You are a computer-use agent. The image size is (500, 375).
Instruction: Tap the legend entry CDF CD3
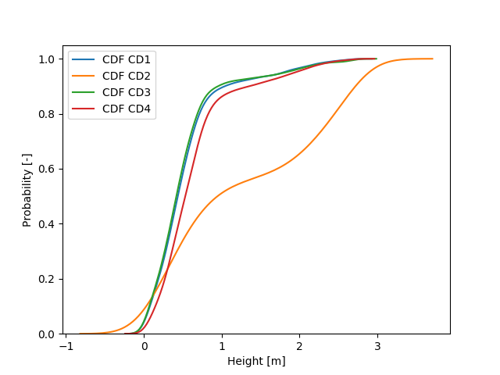click(x=127, y=91)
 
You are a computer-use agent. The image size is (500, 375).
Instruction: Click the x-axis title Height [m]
click(x=256, y=361)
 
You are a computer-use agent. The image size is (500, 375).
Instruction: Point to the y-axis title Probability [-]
click(x=27, y=190)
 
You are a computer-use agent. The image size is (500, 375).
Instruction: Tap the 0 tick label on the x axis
click(x=144, y=347)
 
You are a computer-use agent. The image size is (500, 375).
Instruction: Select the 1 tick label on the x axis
click(x=222, y=347)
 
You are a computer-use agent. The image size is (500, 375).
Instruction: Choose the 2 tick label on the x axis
click(x=299, y=347)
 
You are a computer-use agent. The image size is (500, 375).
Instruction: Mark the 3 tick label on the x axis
click(x=377, y=347)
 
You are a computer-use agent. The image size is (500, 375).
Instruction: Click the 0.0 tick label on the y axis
click(x=48, y=334)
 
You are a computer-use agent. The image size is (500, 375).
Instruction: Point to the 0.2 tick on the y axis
click(x=48, y=280)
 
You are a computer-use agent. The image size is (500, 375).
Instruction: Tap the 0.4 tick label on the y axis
click(x=48, y=224)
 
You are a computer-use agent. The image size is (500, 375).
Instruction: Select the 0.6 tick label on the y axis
click(x=48, y=170)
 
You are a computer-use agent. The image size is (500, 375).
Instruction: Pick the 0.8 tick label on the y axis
click(x=48, y=114)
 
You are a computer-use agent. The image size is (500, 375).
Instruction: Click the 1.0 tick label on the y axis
click(x=48, y=59)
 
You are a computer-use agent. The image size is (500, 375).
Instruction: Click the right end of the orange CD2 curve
click(x=432, y=59)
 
